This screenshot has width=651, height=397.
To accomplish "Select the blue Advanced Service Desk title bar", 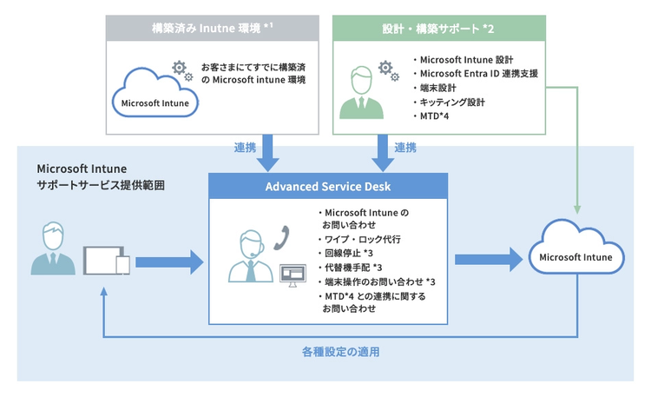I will pyautogui.click(x=328, y=187).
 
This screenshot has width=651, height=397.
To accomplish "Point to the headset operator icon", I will pyautogui.click(x=250, y=256).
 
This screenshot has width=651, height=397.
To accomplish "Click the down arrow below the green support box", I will pyautogui.click(x=382, y=151).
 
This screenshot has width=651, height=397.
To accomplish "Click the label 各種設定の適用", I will pyautogui.click(x=340, y=353).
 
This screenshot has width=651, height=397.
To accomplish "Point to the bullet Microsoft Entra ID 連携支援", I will pyautogui.click(x=478, y=74).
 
